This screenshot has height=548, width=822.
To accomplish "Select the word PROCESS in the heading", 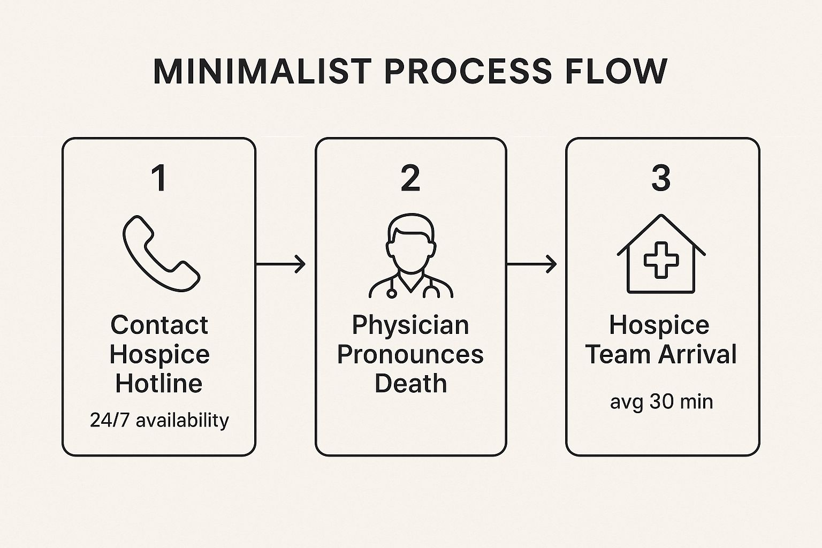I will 468,71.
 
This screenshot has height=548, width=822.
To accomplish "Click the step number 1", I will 159,178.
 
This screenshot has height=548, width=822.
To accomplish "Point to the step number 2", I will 410,178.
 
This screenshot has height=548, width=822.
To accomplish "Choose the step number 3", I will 661,178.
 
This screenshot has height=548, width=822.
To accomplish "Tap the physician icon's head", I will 410,239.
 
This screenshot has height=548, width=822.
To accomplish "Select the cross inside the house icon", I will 661,260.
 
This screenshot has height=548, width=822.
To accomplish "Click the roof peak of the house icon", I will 661,217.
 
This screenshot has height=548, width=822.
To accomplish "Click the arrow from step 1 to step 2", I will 281,264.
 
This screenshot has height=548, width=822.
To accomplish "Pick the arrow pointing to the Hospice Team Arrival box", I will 532,264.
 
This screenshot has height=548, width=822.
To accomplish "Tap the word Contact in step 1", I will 159,325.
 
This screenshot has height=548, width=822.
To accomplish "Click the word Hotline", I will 159,383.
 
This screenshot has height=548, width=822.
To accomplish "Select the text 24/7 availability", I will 159,420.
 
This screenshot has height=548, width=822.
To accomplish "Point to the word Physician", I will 410,325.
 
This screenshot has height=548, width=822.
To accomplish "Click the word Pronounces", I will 410,354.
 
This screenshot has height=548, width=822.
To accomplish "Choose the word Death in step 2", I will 410,383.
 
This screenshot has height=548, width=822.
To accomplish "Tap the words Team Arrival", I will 661,354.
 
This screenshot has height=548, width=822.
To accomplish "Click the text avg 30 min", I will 661,401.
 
